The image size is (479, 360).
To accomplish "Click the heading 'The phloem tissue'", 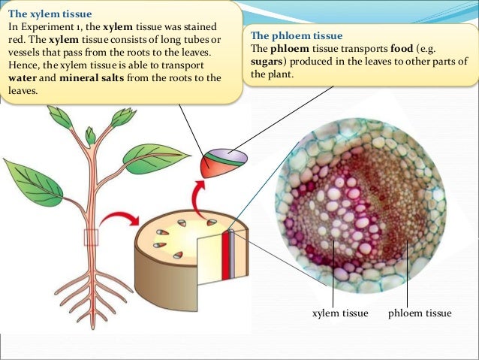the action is tap(296, 35).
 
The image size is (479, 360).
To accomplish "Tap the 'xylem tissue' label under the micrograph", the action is tap(339, 313).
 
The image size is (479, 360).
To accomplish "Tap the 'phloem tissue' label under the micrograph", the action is tap(420, 313).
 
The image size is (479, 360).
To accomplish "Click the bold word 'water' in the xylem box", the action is tap(23, 77).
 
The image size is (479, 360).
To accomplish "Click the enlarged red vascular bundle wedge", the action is tap(222, 165).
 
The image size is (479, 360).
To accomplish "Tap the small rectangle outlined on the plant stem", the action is tap(92, 237).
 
